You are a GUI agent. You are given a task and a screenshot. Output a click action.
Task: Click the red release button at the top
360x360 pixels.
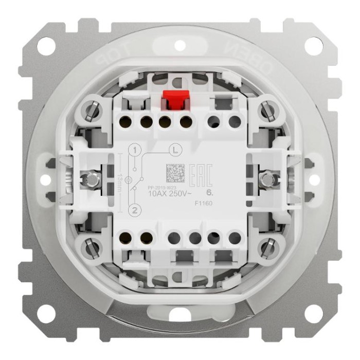click(x=173, y=100)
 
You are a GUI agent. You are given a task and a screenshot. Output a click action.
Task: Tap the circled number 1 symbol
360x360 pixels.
click(x=135, y=150)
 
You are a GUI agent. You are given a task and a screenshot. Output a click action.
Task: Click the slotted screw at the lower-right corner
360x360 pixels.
click(x=266, y=249)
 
